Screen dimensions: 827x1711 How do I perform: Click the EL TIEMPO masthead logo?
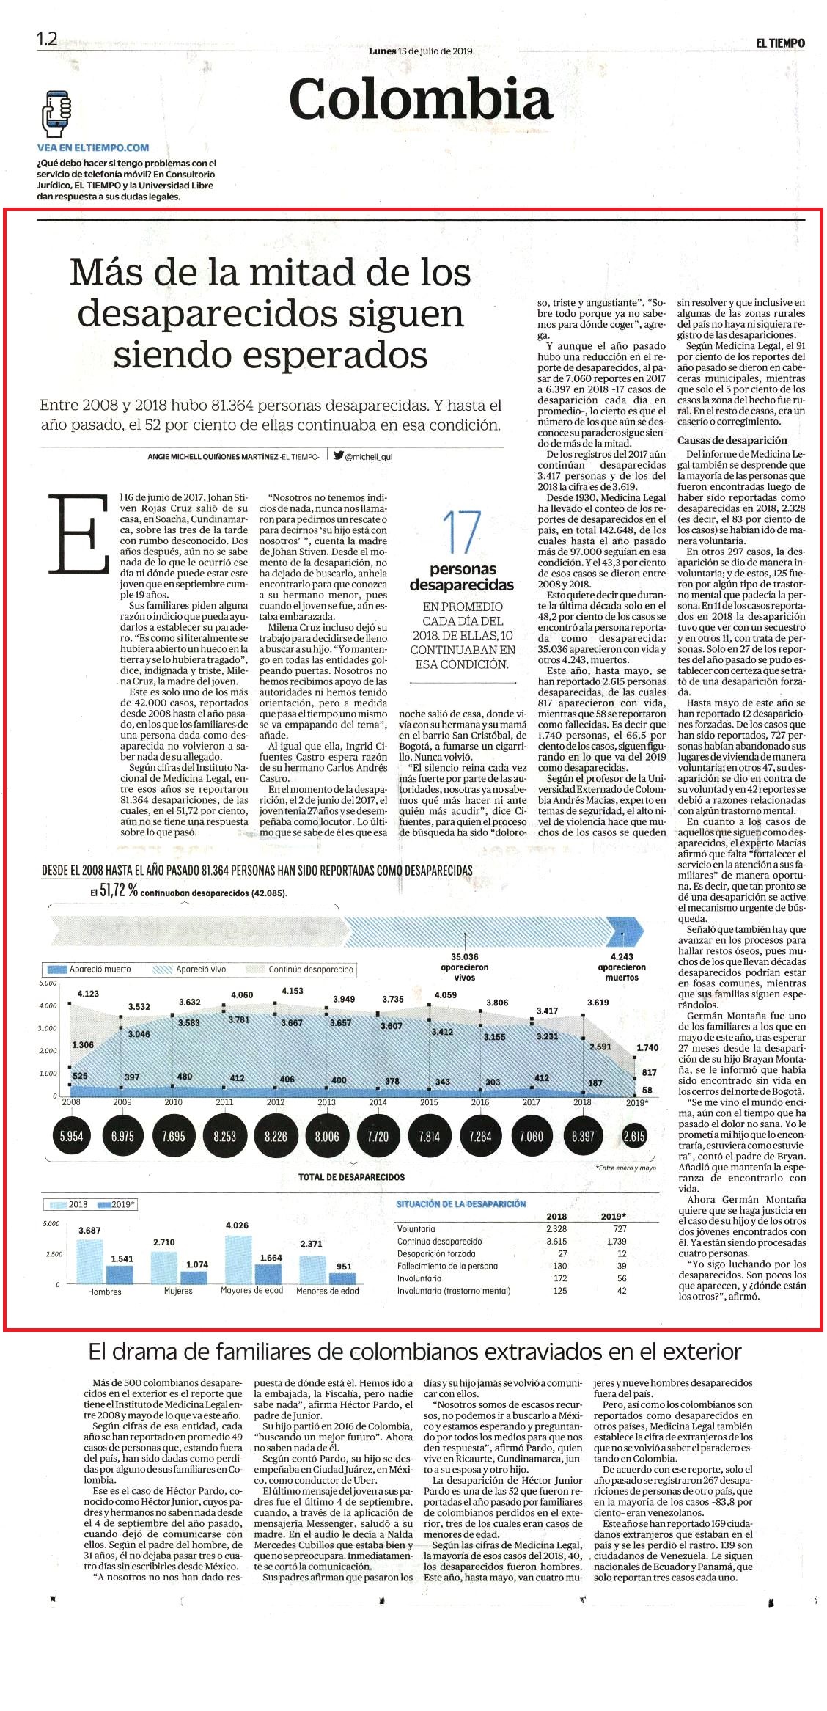pyautogui.click(x=780, y=43)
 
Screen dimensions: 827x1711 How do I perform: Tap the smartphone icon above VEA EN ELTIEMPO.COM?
pyautogui.click(x=56, y=114)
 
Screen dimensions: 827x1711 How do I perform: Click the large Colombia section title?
pyautogui.click(x=420, y=99)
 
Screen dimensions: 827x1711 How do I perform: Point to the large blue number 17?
pyautogui.click(x=462, y=533)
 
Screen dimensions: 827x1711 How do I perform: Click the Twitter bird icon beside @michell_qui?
pyautogui.click(x=338, y=455)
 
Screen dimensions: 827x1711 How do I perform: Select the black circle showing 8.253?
pyautogui.click(x=224, y=1136)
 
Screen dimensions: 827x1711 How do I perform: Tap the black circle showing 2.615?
pyautogui.click(x=634, y=1136)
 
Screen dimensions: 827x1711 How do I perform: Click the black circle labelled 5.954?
pyautogui.click(x=71, y=1136)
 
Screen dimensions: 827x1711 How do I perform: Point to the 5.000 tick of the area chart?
pyautogui.click(x=48, y=983)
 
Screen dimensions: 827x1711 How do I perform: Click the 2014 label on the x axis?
pyautogui.click(x=378, y=1102)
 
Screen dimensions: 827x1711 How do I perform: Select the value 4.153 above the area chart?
pyautogui.click(x=292, y=991)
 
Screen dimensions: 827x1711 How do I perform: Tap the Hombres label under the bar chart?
pyautogui.click(x=105, y=1292)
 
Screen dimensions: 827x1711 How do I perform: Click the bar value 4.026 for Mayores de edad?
pyautogui.click(x=237, y=1225)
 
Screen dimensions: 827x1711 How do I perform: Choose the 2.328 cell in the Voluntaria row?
pyautogui.click(x=556, y=1228)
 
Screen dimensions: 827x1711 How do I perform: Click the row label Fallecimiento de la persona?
pyautogui.click(x=447, y=1266)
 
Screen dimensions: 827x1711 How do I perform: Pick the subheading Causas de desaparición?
pyautogui.click(x=732, y=440)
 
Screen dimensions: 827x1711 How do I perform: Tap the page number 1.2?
pyautogui.click(x=47, y=39)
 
